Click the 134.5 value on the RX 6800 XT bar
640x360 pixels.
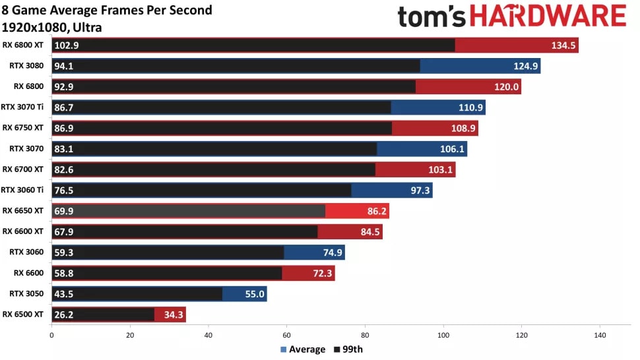563,45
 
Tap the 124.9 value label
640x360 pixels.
526,66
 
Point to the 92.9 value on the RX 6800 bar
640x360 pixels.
65,86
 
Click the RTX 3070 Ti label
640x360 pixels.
22,107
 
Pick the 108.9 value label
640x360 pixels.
463,128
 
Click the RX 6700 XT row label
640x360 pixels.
23,169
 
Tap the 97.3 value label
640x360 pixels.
418,191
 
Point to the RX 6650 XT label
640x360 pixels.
23,210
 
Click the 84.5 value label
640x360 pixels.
368,232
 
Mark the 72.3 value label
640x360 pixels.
321,274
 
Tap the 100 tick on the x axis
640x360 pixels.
443,335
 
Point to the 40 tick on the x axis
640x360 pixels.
208,335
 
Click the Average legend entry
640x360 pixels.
303,349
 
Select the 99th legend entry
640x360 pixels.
349,349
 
